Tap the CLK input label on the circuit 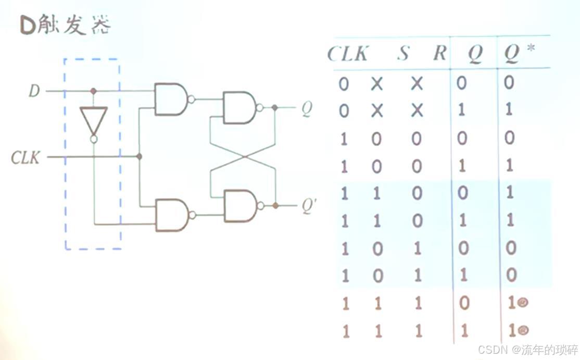pyautogui.click(x=26, y=157)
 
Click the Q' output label pyautogui.click(x=309, y=207)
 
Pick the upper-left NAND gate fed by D pyautogui.click(x=172, y=99)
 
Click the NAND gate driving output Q pyautogui.click(x=239, y=108)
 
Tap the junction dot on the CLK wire pyautogui.click(x=139, y=156)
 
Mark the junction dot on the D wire pyautogui.click(x=93, y=91)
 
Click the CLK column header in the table pyautogui.click(x=348, y=54)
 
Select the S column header pyautogui.click(x=403, y=53)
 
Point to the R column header pyautogui.click(x=440, y=53)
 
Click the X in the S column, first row pyautogui.click(x=377, y=83)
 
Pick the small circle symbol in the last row pyautogui.click(x=523, y=329)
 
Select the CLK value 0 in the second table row pyautogui.click(x=344, y=111)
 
